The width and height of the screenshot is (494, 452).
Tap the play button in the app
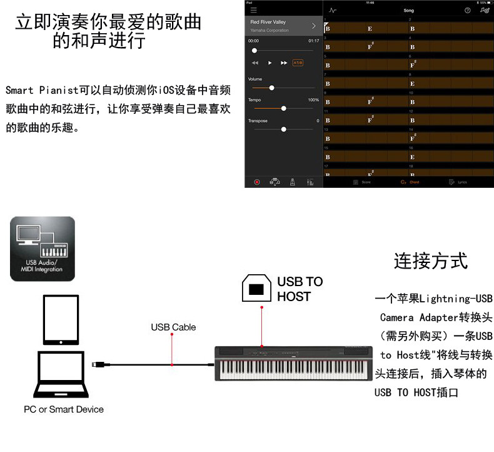pos(270,63)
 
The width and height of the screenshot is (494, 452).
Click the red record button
pos(256,182)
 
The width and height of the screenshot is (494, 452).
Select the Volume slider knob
pos(271,88)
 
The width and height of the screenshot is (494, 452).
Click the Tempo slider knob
pos(284,108)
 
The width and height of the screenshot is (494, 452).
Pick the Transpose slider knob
pos(284,129)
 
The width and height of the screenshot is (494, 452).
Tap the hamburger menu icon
pos(253,11)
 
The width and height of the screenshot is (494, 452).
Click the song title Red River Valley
pos(268,22)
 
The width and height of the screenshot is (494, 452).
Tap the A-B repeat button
pos(298,63)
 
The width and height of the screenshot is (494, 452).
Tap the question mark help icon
pos(467,11)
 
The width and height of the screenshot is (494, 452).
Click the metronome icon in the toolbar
pos(292,182)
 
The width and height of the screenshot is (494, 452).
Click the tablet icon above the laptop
pos(63,321)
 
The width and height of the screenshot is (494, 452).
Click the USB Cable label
pos(173,327)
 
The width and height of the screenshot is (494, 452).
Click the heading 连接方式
pos(431,261)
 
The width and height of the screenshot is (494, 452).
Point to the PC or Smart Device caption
pos(64,409)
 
